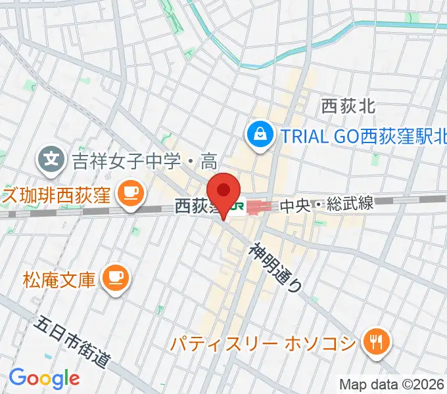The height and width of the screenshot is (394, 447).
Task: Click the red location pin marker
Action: pyautogui.click(x=225, y=192)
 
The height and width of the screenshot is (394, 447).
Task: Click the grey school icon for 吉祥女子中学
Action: pyautogui.click(x=50, y=158)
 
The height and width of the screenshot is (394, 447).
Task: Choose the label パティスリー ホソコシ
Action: pyautogui.click(x=263, y=342)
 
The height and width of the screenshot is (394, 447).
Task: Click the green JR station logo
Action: pyautogui.click(x=237, y=208)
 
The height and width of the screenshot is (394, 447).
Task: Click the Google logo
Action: pyautogui.click(x=44, y=378)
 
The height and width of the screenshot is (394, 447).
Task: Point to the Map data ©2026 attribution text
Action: pyautogui.click(x=392, y=383)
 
